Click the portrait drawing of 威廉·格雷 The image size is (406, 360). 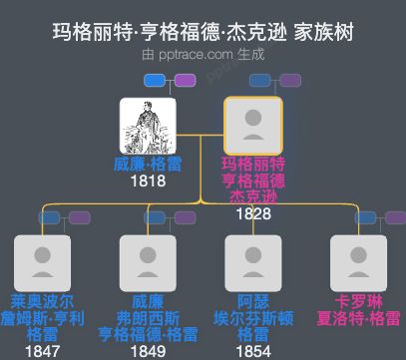pyautogui.click(x=147, y=126)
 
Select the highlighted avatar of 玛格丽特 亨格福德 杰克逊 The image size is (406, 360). pyautogui.click(x=253, y=126)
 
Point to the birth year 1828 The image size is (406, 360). pyautogui.click(x=253, y=214)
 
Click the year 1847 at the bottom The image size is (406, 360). pyautogui.click(x=42, y=350)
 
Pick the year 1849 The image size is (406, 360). pyautogui.click(x=147, y=350)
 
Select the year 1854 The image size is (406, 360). pyautogui.click(x=253, y=350)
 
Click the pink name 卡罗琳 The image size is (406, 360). pyautogui.click(x=358, y=302)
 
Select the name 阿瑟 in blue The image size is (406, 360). pyautogui.click(x=253, y=302)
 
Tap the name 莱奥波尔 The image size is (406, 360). pyautogui.click(x=42, y=302)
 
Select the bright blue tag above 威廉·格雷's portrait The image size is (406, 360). pyautogui.click(x=154, y=80)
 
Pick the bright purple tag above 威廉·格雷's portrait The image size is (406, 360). pyautogui.click(x=178, y=80)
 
